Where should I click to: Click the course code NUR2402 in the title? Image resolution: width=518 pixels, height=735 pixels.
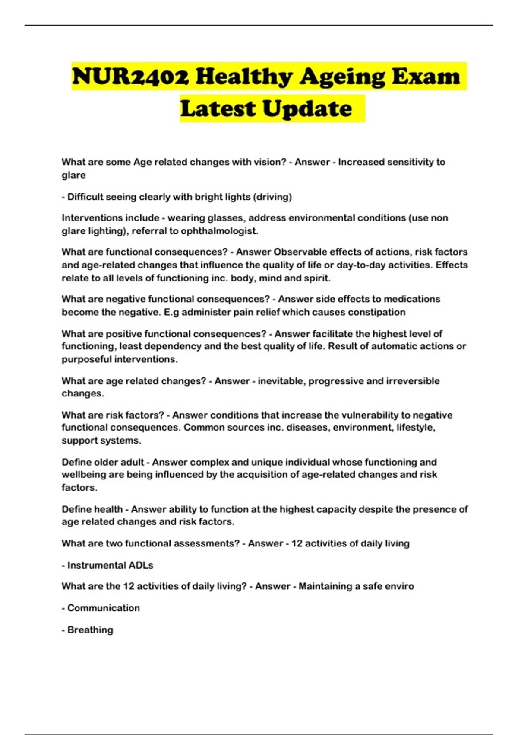click(x=130, y=77)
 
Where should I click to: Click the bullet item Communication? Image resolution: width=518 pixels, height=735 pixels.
click(x=104, y=608)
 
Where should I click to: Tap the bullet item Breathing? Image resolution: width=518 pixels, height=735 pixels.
click(x=90, y=630)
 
